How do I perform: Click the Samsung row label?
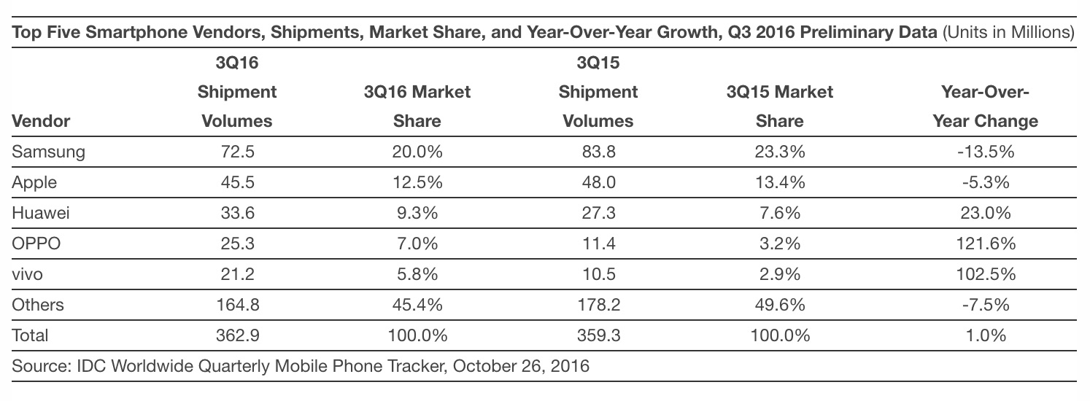pos(49,152)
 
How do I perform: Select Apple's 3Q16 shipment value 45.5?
pos(236,183)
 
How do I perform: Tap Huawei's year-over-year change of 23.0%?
pos(985,213)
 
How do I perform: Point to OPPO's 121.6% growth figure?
pos(985,244)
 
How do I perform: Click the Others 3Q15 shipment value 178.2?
pos(598,305)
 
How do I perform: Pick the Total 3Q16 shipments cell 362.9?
pos(236,335)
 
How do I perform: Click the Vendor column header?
pos(41,121)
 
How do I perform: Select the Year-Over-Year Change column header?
pos(985,106)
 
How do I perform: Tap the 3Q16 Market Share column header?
pos(417,106)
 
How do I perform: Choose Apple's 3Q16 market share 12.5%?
pos(417,183)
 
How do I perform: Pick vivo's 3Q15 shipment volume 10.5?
pos(598,274)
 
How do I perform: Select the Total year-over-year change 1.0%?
pos(985,335)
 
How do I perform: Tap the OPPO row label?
pos(36,244)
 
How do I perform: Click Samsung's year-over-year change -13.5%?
pos(985,152)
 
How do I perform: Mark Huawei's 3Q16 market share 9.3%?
pos(417,213)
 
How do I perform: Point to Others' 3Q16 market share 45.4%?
pos(417,305)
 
